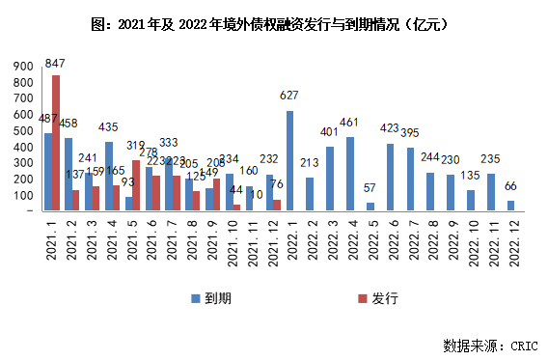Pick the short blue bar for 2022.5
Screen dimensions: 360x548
tap(370, 206)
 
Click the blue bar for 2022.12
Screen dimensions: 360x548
tap(509, 205)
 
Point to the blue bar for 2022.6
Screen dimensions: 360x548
tap(390, 177)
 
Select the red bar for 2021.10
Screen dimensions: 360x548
tap(237, 207)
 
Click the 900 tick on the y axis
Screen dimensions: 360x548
tap(21, 66)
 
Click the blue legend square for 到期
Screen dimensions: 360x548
tap(194, 298)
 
